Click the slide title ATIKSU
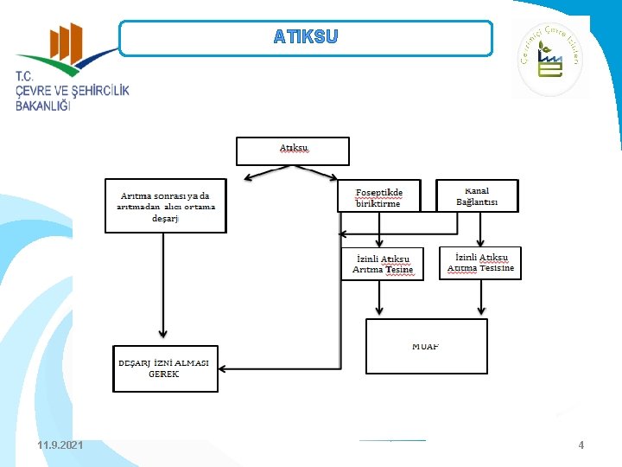[x=306, y=37]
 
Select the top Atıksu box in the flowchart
[x=293, y=150]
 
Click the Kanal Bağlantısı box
[x=477, y=195]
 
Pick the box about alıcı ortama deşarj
[x=166, y=206]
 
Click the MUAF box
[x=427, y=346]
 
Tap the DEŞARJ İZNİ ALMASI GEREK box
[x=165, y=368]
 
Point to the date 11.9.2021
[x=60, y=445]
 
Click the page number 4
[x=581, y=445]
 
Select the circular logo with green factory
[x=550, y=60]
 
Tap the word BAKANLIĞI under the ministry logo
[x=43, y=107]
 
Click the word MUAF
[x=426, y=346]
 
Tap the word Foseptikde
[x=379, y=191]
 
